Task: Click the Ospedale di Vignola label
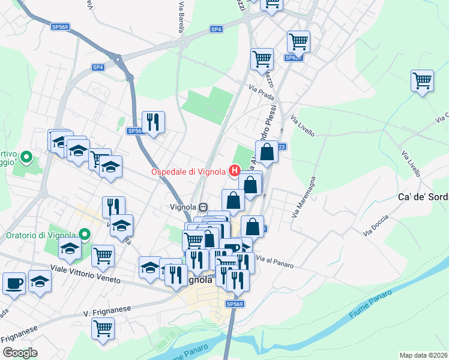[188, 172]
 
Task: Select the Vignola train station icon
[204, 207]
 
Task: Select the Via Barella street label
[181, 16]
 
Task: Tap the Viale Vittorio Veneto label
[85, 275]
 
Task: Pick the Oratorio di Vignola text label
[41, 235]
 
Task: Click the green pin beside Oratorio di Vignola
[85, 235]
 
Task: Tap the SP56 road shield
[134, 131]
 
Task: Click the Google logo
[20, 353]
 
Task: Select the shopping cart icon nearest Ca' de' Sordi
[423, 80]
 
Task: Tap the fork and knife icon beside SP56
[153, 121]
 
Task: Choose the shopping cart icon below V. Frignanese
[103, 328]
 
